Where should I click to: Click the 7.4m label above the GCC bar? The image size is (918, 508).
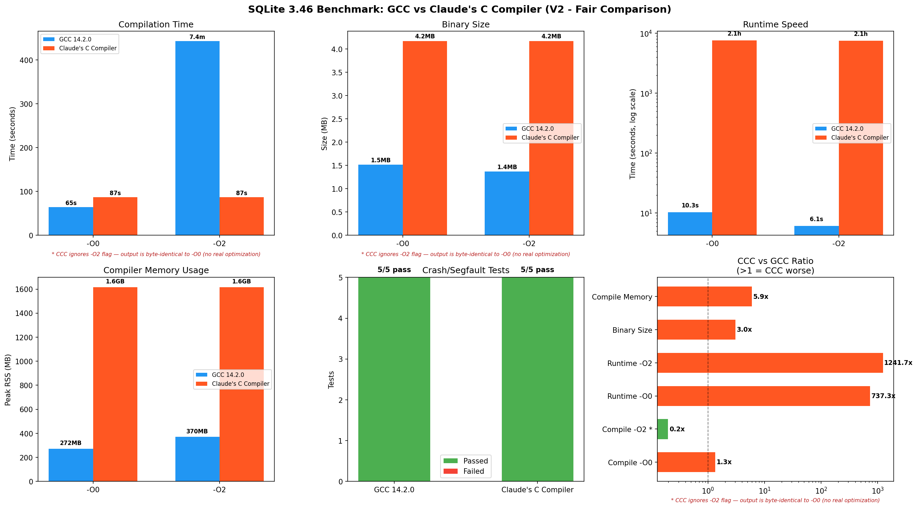[x=197, y=37]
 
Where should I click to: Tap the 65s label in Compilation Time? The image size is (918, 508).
[x=71, y=203]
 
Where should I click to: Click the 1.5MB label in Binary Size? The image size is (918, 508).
[x=381, y=160]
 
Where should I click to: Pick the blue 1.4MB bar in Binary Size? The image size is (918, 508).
[x=507, y=203]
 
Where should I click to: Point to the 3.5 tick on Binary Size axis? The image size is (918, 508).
[x=337, y=73]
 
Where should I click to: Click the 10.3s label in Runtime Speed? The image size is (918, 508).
[x=690, y=205]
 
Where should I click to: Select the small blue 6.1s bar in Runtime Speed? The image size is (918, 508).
[x=816, y=230]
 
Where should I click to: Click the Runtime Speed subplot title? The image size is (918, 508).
[x=775, y=25]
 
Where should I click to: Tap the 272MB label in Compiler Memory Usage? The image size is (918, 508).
[x=71, y=443]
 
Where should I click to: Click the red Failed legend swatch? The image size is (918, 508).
[x=450, y=471]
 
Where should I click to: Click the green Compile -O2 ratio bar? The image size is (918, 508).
[x=662, y=429]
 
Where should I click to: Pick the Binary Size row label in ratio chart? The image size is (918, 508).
[x=632, y=330]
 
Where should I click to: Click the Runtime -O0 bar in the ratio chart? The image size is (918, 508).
[x=762, y=396]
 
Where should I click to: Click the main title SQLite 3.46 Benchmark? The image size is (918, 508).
[x=459, y=9]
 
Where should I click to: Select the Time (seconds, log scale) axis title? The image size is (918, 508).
[x=633, y=134]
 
